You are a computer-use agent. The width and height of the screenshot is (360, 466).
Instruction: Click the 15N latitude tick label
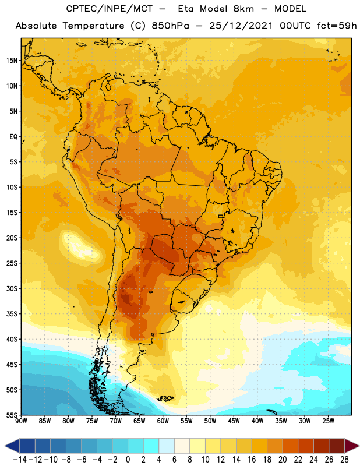(x=12, y=61)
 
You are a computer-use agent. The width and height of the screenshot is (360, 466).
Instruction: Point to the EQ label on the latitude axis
(x=13, y=137)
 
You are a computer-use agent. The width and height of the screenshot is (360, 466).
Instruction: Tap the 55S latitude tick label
(x=12, y=415)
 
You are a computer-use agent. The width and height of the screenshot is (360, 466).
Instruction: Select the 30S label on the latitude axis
(x=12, y=288)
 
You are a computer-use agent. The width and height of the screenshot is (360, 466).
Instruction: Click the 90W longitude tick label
(x=21, y=421)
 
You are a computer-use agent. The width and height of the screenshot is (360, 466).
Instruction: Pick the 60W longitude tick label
(x=163, y=421)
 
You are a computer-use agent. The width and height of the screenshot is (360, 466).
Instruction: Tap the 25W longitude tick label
(x=328, y=421)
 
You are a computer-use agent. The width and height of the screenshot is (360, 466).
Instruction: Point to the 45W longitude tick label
(x=234, y=421)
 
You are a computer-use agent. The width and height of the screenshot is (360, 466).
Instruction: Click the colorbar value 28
(x=344, y=460)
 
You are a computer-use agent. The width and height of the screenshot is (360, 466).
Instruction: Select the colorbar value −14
(x=20, y=460)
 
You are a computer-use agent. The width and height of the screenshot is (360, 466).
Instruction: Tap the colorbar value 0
(x=128, y=460)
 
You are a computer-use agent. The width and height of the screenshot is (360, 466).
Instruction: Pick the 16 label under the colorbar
(x=252, y=460)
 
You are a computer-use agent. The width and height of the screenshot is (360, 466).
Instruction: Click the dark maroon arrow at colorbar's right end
(x=351, y=446)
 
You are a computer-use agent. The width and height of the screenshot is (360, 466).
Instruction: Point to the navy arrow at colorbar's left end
(x=12, y=446)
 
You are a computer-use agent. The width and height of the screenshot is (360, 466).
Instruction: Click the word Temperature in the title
(x=93, y=26)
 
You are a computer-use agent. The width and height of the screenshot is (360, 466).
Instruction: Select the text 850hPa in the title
(x=170, y=26)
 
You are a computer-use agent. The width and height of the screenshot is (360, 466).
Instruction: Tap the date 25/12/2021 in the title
(x=241, y=26)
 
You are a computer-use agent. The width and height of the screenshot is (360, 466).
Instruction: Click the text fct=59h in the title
(x=337, y=26)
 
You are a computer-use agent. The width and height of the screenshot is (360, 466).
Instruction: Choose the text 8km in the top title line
(x=243, y=9)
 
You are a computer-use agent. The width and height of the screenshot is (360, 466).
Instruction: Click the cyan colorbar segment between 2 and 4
(x=151, y=446)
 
